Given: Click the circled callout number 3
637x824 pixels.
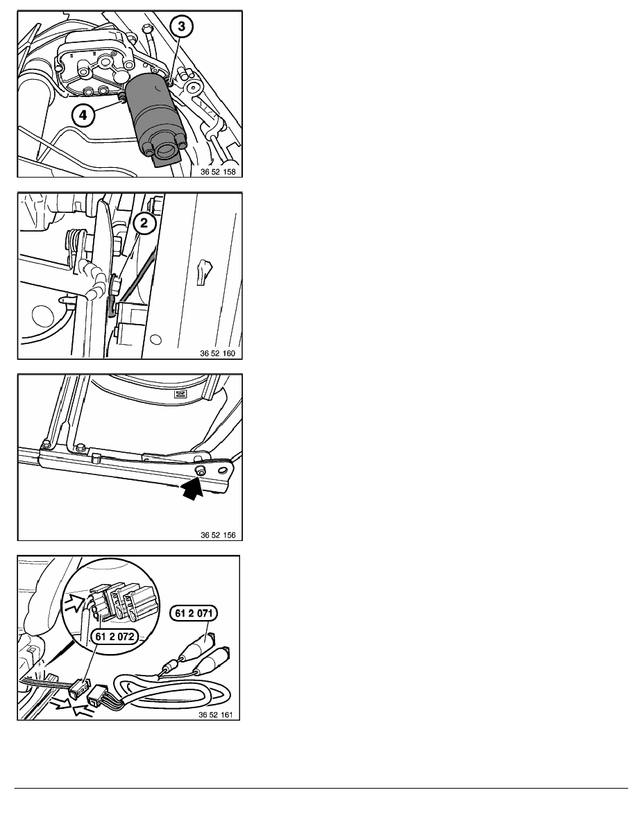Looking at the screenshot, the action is click(x=181, y=26).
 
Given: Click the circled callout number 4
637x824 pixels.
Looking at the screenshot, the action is click(x=83, y=114).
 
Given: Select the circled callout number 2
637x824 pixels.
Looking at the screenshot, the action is click(x=144, y=223).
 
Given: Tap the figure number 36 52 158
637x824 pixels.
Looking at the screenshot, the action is click(x=218, y=172).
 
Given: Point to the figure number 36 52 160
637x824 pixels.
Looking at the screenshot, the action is click(x=218, y=353).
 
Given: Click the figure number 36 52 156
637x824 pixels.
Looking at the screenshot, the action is click(x=218, y=535).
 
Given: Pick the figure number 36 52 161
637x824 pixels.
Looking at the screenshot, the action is click(x=216, y=714).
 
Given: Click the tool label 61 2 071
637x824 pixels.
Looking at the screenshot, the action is click(x=194, y=613).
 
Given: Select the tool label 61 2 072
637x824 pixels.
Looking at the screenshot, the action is click(x=114, y=637).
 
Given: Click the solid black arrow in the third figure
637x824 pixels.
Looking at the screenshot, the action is click(x=192, y=488).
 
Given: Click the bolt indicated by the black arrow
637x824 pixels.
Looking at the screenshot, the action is click(x=200, y=472).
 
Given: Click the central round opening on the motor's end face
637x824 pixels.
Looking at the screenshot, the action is click(x=166, y=152).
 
